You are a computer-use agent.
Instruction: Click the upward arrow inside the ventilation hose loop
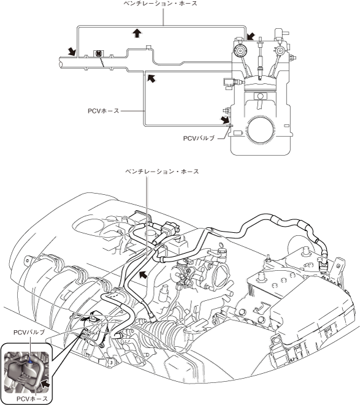(x=137, y=33)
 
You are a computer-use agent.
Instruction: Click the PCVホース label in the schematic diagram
(x=103, y=111)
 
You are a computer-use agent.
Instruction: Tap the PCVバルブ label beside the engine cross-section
(x=199, y=138)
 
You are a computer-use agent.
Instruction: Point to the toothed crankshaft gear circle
(x=260, y=129)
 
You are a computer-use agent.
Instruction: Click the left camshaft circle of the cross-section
(x=240, y=50)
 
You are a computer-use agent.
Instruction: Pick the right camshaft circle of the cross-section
(x=280, y=51)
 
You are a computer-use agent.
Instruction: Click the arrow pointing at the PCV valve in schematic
(x=224, y=119)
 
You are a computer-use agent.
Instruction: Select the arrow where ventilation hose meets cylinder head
(x=251, y=37)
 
